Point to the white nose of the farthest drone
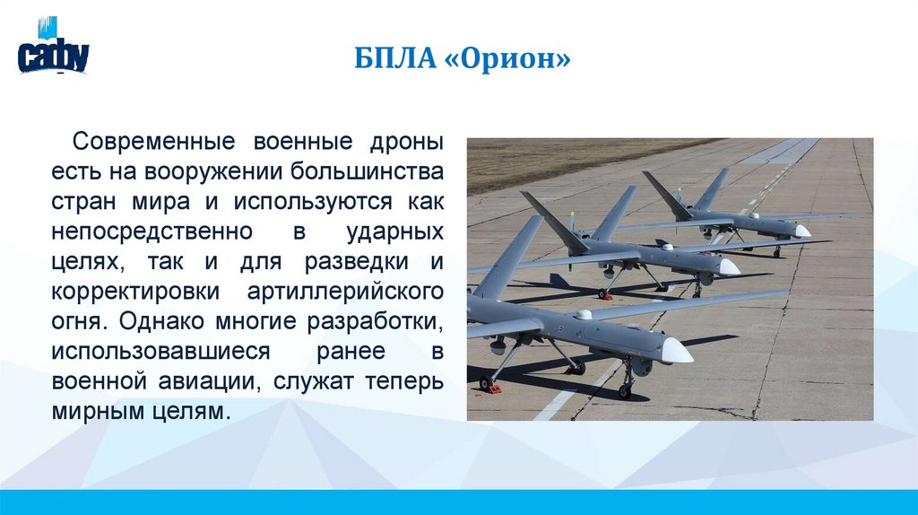tap(801, 231)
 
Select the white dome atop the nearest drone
tap(585, 315)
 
